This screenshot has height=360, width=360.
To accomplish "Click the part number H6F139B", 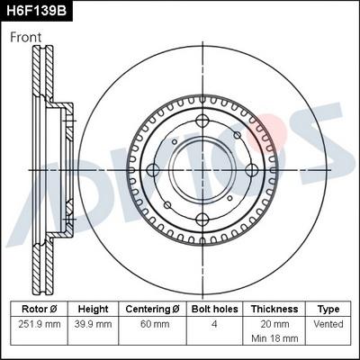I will click(x=36, y=11).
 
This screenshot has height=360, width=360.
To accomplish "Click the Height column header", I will click(x=93, y=308).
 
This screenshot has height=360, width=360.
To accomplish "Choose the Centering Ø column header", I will click(x=152, y=308).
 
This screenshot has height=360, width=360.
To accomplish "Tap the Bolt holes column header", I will click(x=212, y=308).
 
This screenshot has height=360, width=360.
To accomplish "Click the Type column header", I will click(x=328, y=308).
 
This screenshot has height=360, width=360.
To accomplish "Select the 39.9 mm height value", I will click(x=93, y=323).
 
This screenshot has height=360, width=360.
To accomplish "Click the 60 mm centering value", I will click(x=152, y=323).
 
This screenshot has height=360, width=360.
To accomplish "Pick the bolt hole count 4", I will click(x=212, y=323).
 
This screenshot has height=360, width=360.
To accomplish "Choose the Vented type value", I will click(x=328, y=323).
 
